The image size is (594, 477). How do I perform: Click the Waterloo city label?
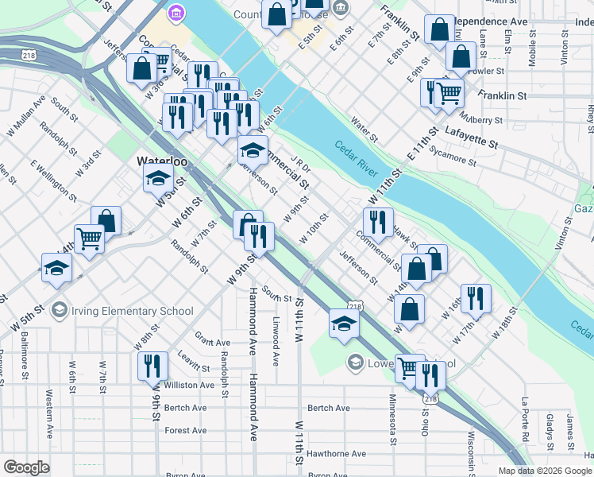162,161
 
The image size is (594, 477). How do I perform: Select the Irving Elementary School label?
132,311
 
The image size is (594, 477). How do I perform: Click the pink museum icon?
176,14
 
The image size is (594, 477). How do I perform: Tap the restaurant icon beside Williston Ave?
152,366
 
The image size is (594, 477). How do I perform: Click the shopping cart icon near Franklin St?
449,92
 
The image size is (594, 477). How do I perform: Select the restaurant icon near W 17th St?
476,298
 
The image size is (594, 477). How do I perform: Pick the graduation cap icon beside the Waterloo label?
159,179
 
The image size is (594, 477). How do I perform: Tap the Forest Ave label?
186,431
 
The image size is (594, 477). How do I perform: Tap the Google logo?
26,467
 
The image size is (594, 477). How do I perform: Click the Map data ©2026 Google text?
544,471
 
